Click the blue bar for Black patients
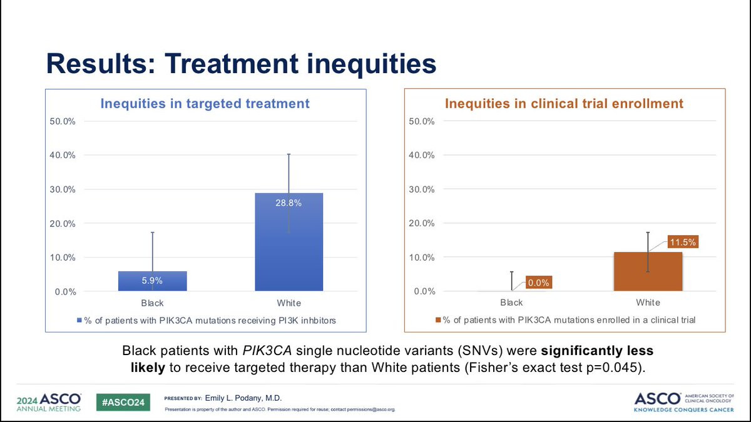152,281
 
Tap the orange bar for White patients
648,272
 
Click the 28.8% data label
289,202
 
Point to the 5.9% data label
152,281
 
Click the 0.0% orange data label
538,283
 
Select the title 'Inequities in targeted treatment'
205,104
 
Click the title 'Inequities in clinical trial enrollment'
564,104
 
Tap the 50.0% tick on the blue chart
63,121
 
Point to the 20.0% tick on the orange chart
422,223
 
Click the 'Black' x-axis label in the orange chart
511,303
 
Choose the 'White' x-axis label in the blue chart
289,303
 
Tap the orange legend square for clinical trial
438,320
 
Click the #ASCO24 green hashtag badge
123,401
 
